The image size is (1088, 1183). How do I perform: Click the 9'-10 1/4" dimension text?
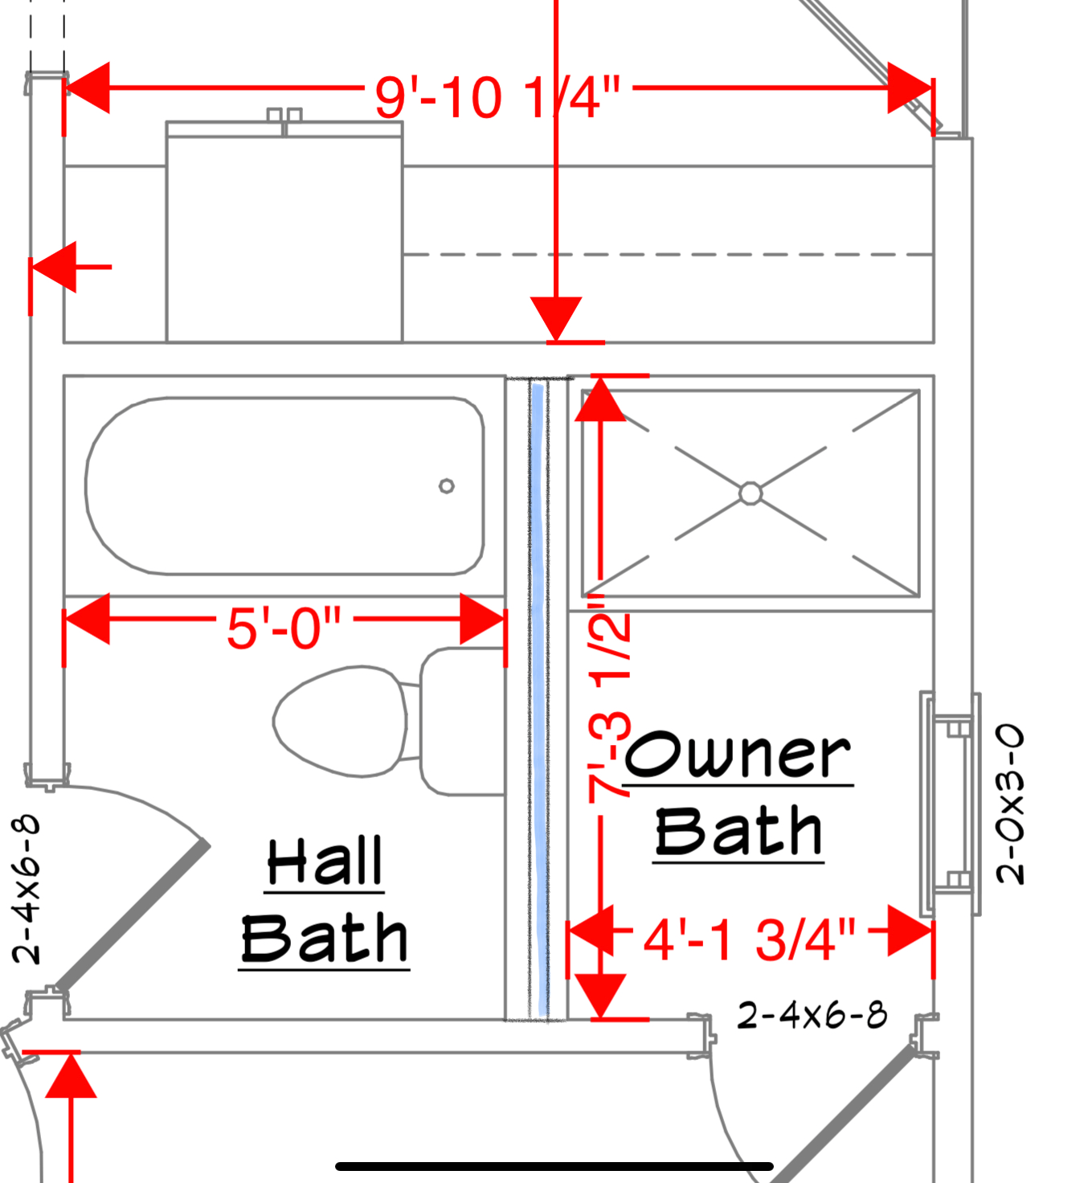[x=497, y=97]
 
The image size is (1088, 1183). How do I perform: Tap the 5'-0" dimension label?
[x=284, y=628]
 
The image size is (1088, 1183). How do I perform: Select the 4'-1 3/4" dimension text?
[x=749, y=938]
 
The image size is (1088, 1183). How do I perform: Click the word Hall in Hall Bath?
[x=325, y=862]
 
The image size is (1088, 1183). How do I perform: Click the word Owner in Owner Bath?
[x=738, y=755]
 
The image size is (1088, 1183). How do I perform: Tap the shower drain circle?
[x=751, y=493]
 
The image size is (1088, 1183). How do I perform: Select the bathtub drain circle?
[x=447, y=485]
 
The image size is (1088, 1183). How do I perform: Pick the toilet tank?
[x=461, y=721]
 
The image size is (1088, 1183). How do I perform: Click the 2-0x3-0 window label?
[x=1010, y=804]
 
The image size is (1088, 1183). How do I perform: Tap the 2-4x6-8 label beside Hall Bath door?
[x=27, y=889]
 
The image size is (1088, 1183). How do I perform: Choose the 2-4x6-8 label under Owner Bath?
[x=812, y=1015]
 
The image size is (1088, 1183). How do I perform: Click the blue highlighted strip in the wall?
[x=539, y=699]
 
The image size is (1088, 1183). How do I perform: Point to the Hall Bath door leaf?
[x=133, y=916]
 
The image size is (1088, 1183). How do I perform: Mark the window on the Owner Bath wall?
[x=951, y=804]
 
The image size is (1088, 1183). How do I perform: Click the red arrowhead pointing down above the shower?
[x=556, y=317]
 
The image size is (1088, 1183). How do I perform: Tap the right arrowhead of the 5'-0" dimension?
[x=483, y=619]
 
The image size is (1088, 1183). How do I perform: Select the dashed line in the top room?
[x=667, y=255]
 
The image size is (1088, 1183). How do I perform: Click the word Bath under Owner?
[x=738, y=832]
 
